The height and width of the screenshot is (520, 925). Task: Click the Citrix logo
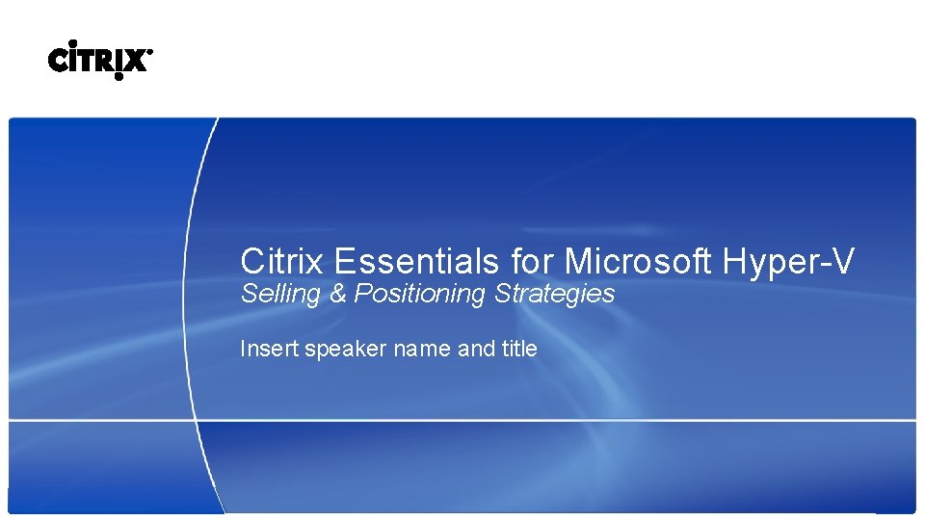click(99, 61)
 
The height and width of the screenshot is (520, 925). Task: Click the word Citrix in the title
click(280, 261)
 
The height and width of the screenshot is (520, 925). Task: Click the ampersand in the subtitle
click(337, 295)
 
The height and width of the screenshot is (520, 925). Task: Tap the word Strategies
click(554, 295)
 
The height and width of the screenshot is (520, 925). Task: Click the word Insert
click(269, 349)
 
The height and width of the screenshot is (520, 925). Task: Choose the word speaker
click(345, 350)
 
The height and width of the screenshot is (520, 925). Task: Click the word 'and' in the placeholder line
click(476, 349)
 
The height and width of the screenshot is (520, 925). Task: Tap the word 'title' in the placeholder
click(519, 349)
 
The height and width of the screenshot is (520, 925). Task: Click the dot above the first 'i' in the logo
click(72, 43)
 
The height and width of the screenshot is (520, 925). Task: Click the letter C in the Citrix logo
click(58, 62)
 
